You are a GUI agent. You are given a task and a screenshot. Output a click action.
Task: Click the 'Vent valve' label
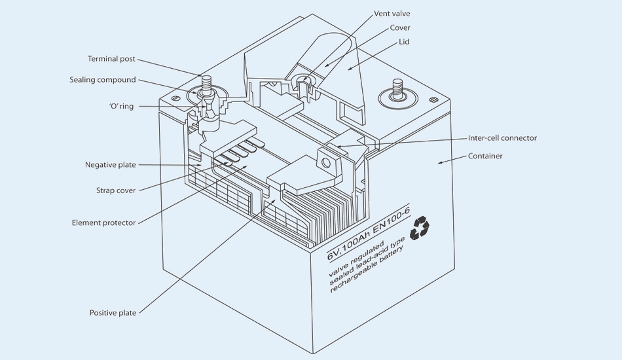[393, 13]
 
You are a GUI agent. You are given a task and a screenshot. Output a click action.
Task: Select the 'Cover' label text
[400, 27]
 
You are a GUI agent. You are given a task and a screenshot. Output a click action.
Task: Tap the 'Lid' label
[404, 42]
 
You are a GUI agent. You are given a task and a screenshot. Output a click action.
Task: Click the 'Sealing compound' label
[103, 80]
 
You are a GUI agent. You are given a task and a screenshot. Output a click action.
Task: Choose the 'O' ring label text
[120, 106]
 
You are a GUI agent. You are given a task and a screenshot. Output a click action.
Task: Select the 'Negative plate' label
[111, 164]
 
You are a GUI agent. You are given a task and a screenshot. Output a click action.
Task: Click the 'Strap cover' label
[116, 190]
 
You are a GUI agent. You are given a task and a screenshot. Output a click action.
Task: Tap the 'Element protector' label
[103, 223]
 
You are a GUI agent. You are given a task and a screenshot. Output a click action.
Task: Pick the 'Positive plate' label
[113, 313]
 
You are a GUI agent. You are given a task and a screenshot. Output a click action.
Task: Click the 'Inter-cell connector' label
[502, 138]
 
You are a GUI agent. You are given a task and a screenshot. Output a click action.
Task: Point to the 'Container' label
[485, 156]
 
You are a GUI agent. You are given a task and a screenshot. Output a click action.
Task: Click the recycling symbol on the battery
[419, 228]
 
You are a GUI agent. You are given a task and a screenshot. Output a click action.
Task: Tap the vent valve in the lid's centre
[303, 81]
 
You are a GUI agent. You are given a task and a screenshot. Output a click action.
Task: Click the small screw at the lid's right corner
[433, 99]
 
